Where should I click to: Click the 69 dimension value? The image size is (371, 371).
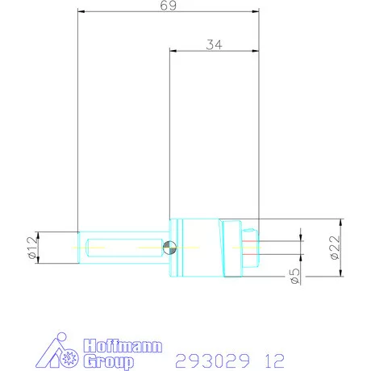point(169,5)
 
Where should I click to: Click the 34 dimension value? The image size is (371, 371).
point(214,45)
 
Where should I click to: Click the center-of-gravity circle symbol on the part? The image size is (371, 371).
point(169,248)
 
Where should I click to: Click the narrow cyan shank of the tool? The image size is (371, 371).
point(121,247)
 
